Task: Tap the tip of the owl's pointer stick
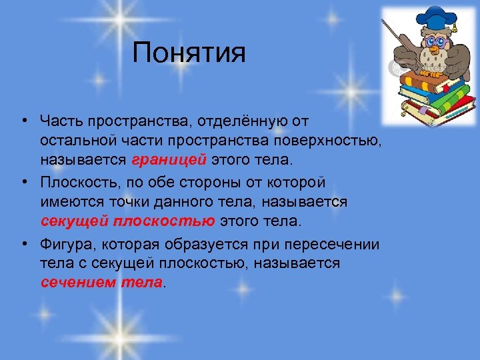pos(383,21)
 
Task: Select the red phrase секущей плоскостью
pos(127,220)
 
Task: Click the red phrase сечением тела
pos(101,281)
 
